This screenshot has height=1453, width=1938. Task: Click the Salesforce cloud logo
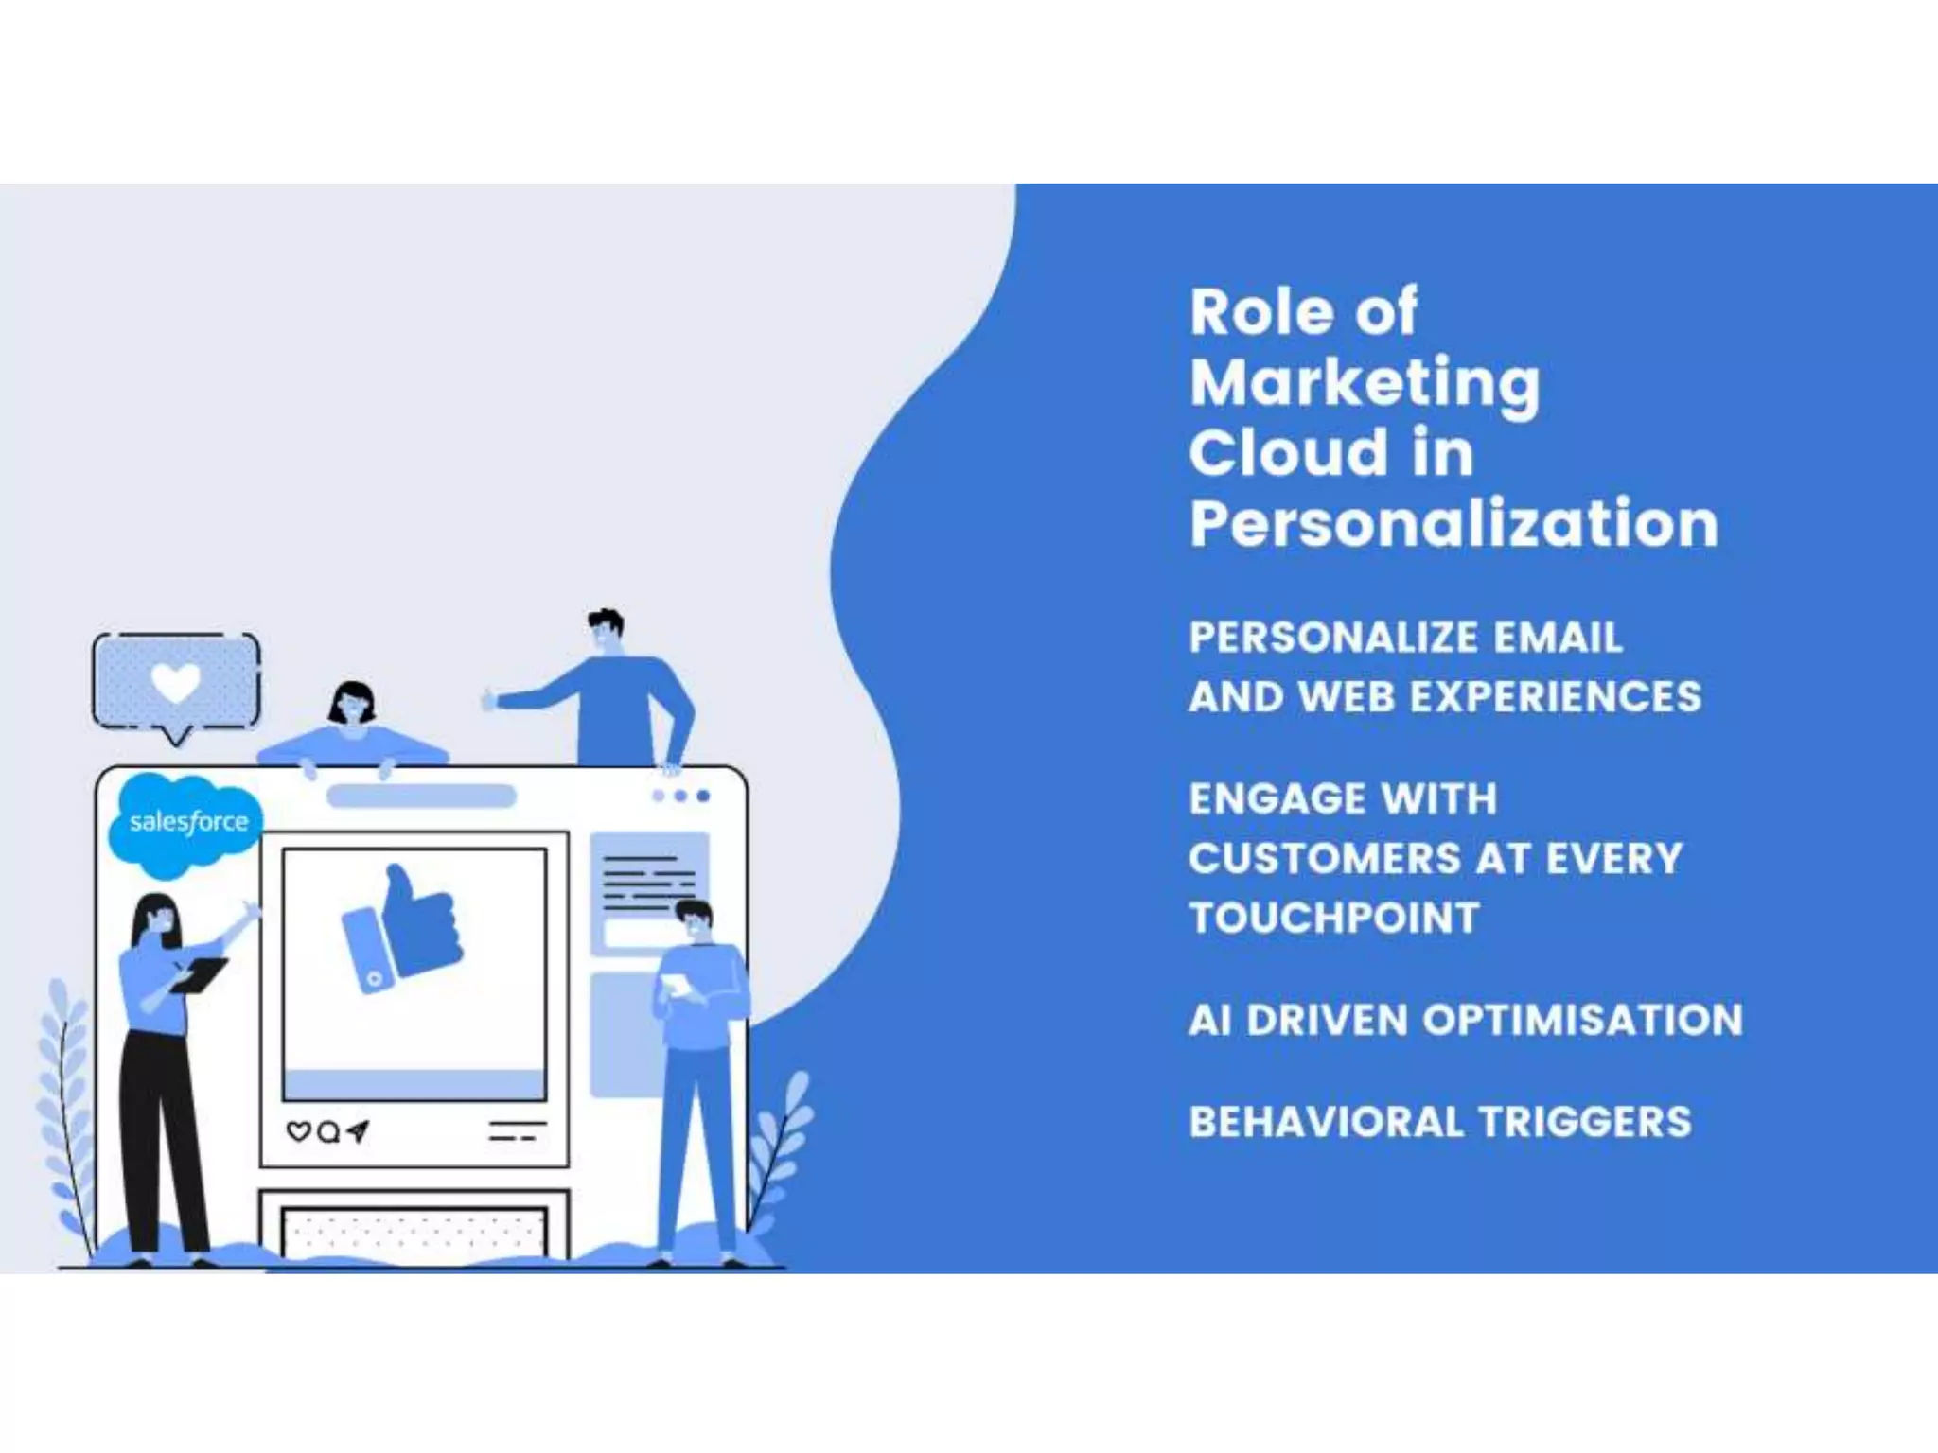tap(186, 823)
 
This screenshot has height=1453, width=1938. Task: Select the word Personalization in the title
tap(1453, 523)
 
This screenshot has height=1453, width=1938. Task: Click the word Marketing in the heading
tap(1365, 383)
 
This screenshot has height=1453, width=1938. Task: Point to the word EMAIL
tap(1558, 638)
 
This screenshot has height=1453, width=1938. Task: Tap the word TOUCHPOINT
tap(1334, 918)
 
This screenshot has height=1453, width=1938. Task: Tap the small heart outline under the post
tap(298, 1131)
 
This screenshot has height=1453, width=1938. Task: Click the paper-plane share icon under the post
tap(358, 1130)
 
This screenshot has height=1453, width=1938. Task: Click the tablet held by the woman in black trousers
tap(200, 974)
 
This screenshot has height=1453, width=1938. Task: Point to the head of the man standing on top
tap(605, 629)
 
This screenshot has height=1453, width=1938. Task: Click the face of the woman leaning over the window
tap(353, 706)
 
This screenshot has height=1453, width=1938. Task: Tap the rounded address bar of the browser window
tap(421, 797)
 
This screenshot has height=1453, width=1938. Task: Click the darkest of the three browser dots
tap(703, 796)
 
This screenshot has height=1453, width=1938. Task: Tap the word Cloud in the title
tap(1284, 453)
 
